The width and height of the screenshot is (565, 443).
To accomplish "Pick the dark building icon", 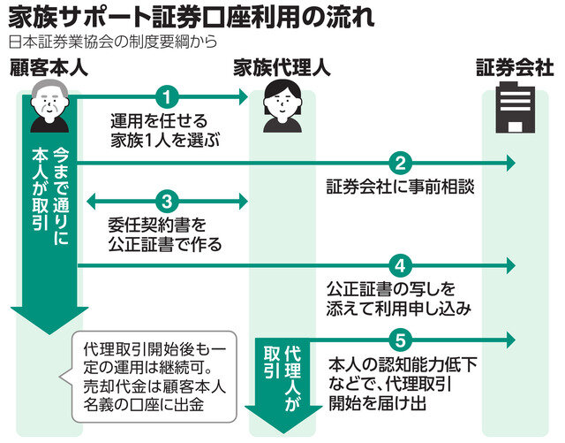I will (x=512, y=111).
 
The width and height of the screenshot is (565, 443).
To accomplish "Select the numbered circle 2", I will (x=400, y=163).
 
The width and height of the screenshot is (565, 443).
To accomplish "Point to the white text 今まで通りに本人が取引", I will (x=52, y=203).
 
